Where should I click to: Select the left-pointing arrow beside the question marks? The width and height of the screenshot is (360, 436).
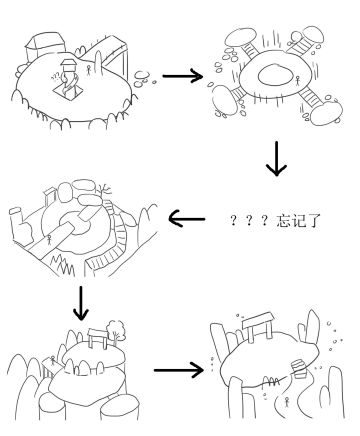pos(191,218)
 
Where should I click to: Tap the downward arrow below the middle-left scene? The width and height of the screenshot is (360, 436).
pos(81,303)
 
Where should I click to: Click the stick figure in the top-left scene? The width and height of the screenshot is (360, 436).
pos(89,71)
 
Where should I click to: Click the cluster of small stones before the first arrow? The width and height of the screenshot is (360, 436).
pos(144,75)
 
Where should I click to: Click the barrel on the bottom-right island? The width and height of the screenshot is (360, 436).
pos(296,367)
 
